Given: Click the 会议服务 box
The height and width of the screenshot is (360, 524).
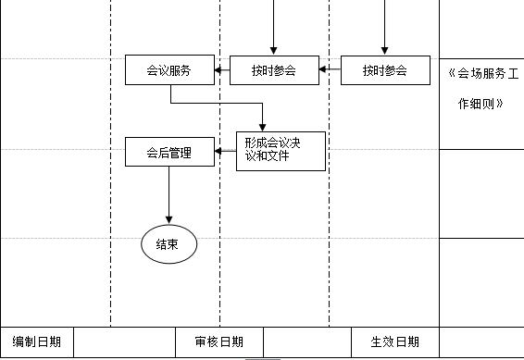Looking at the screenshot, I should pos(169,70).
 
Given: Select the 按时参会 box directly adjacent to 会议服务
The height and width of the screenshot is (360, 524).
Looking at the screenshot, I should pos(273,70).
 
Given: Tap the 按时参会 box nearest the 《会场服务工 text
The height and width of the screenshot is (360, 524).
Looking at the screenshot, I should pos(384,70).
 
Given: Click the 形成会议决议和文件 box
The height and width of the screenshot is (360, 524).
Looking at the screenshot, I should pos(280,151).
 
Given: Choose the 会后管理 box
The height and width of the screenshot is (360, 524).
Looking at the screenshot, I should pos(169,153).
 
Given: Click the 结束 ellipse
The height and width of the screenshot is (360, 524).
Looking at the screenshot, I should pos(168,244).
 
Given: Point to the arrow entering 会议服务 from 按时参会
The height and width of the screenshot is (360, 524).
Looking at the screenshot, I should pos(222,70).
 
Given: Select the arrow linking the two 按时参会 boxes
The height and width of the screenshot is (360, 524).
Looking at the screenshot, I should pos(330,70).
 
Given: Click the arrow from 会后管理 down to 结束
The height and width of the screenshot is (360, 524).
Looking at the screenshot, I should pos(168,195).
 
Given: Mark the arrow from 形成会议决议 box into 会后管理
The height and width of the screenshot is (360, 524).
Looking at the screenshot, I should pos(225,152).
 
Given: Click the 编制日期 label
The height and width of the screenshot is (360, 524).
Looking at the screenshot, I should pos(37,341).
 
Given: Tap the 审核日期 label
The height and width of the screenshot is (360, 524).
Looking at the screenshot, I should pos(219,341).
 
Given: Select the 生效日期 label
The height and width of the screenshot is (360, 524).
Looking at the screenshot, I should pos(394,341).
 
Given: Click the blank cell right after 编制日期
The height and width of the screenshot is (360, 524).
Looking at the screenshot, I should pos(131,341).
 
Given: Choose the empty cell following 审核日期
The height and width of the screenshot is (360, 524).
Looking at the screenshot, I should pos(307,341).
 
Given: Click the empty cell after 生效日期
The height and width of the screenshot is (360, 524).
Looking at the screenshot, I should pos(481,341).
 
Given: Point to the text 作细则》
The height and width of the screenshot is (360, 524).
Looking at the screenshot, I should pos(480,104).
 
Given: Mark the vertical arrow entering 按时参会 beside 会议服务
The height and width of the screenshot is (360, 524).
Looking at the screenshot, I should pos(273,28).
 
